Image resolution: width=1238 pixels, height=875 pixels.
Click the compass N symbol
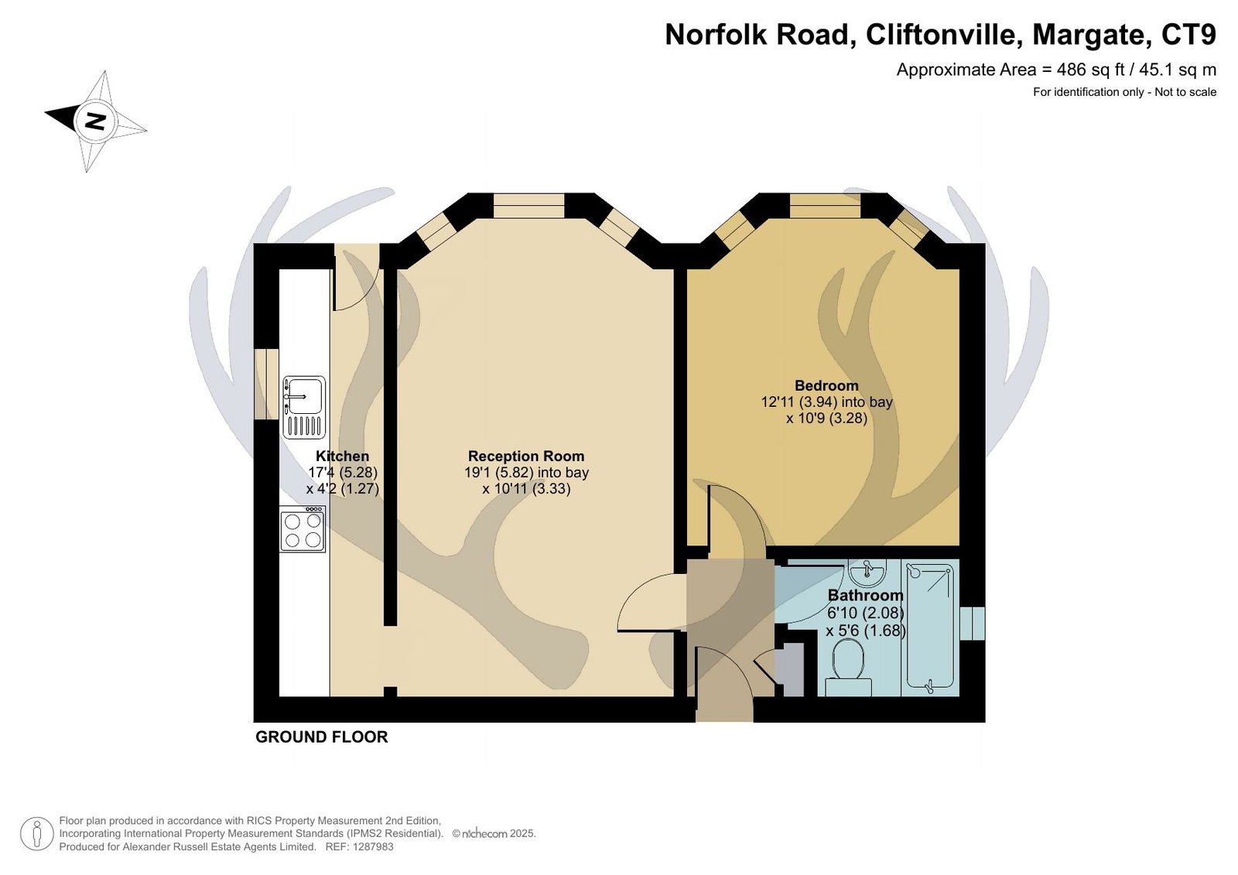click(x=94, y=121)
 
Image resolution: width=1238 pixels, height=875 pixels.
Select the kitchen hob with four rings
click(x=303, y=529)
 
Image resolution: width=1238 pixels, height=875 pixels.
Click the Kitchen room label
click(x=342, y=456)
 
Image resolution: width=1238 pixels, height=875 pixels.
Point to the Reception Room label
click(x=526, y=456)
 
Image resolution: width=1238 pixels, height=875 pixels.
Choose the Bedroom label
click(x=826, y=385)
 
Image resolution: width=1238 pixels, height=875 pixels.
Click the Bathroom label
click(x=865, y=595)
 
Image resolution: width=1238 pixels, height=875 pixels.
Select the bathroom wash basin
click(x=867, y=573)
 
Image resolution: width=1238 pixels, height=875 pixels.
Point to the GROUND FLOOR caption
click(x=322, y=737)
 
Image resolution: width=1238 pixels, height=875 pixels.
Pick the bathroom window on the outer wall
click(x=973, y=624)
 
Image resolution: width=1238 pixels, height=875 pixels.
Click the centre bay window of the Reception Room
click(x=528, y=206)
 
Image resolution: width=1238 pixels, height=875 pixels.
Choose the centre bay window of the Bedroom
click(x=825, y=206)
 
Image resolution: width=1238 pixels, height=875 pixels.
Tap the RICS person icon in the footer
click(x=37, y=834)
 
